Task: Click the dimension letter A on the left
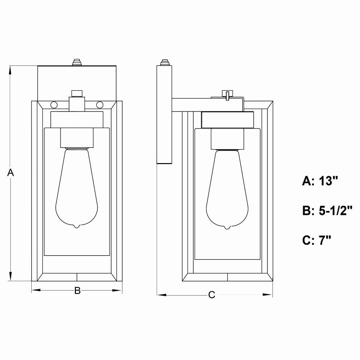point(10,172)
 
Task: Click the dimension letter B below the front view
point(78,291)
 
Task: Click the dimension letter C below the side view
point(212,295)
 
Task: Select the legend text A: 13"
point(320,181)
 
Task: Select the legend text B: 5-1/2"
point(327,211)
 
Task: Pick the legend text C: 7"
point(317,240)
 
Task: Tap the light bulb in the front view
point(77,188)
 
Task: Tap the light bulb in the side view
point(227,189)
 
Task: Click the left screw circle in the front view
point(54,105)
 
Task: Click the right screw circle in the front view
point(100,105)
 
